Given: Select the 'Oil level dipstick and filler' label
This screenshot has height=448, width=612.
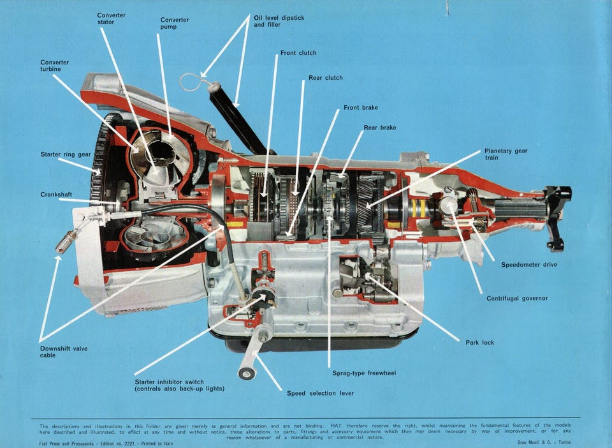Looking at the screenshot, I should tap(279, 21).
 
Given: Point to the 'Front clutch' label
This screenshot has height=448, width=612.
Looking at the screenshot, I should tap(298, 53).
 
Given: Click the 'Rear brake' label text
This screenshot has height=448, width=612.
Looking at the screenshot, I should tap(379, 128).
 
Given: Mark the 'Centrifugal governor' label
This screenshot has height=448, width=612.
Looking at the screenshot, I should tap(517, 298).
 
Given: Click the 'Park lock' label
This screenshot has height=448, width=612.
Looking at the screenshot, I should tap(479, 343).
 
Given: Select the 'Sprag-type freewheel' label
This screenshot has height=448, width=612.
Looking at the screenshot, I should tap(364, 373).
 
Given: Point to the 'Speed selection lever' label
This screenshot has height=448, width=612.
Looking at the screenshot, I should tap(320, 393).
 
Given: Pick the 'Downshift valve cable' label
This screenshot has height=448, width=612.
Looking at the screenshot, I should tap(64, 352).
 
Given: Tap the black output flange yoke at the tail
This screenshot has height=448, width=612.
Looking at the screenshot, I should tap(557, 217).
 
